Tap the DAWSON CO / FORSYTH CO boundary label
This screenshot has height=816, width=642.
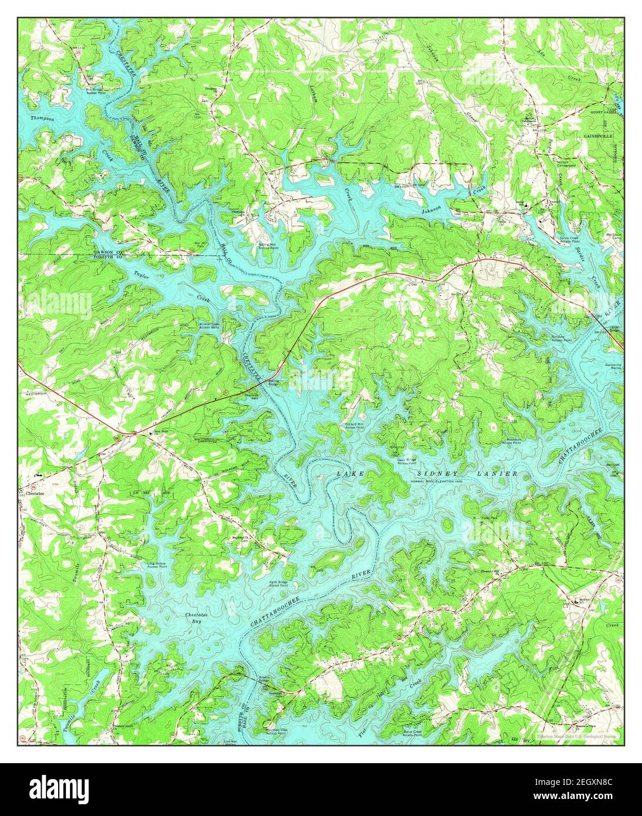[x=108, y=254]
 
